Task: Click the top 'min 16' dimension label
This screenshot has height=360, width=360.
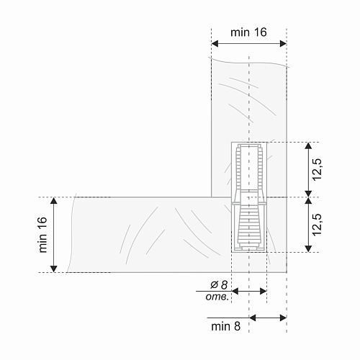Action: click(248, 32)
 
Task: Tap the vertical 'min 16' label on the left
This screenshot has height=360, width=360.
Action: click(43, 235)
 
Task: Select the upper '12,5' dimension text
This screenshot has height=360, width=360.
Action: click(318, 169)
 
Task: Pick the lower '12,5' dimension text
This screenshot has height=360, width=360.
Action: click(318, 225)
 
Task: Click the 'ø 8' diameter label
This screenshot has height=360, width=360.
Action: click(219, 285)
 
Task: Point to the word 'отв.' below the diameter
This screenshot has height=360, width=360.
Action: click(217, 297)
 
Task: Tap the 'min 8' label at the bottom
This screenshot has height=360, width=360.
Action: click(225, 326)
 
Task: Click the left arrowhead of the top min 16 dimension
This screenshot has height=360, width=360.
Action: click(215, 44)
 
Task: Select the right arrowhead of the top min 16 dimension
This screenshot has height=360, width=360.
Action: click(283, 44)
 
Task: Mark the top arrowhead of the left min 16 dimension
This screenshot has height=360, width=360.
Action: click(54, 200)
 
